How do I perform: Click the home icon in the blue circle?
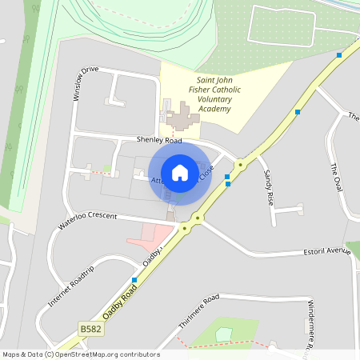[180, 172]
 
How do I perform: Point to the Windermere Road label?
[311, 325]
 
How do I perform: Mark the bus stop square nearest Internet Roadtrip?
[134, 280]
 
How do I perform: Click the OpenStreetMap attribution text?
[81, 354]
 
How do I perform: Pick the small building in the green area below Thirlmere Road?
[224, 333]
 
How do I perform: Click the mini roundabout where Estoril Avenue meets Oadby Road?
[198, 217]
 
